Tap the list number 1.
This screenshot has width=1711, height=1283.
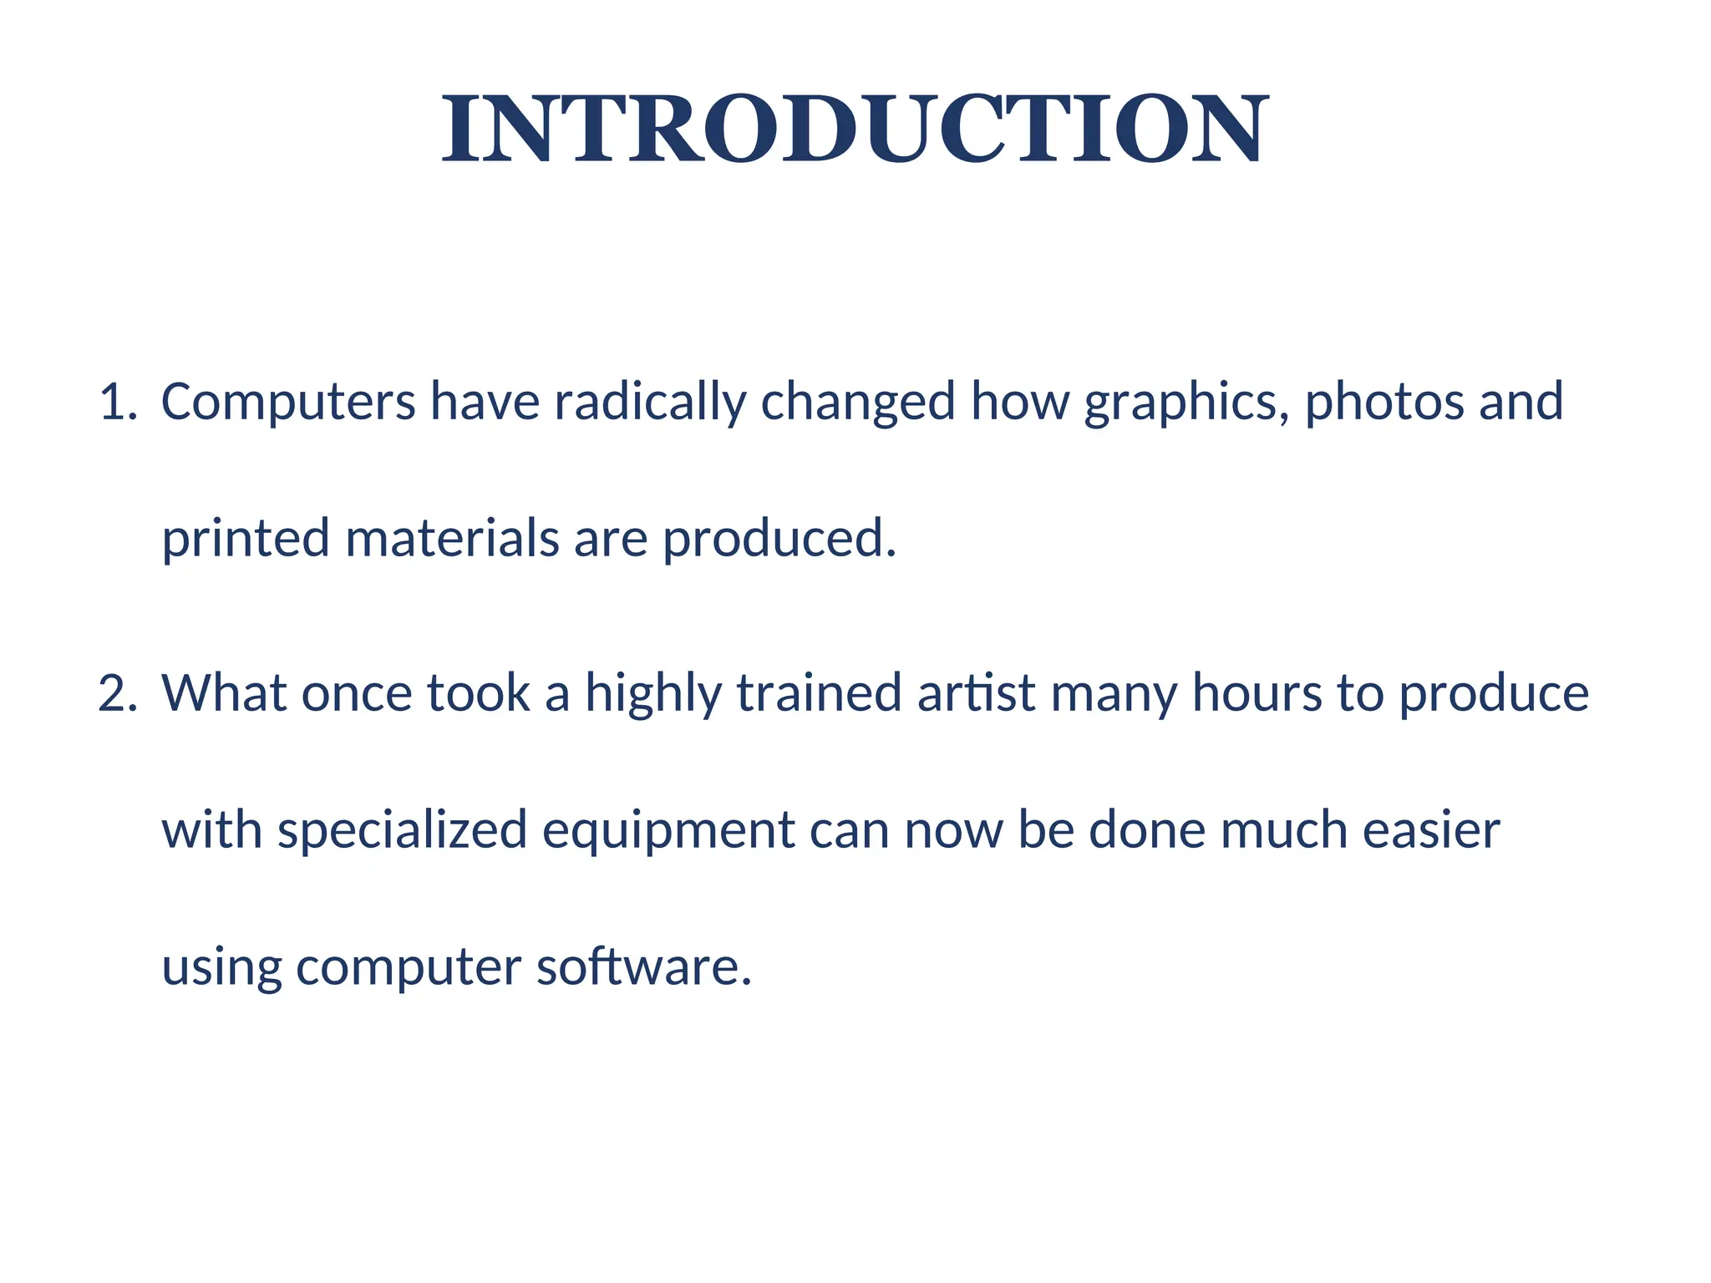pos(116,402)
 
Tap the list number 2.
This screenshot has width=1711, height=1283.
pos(116,693)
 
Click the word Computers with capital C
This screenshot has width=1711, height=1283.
pos(287,402)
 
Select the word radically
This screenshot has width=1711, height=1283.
pos(649,402)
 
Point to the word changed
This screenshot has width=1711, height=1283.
pos(857,402)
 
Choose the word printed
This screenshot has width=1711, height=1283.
pos(246,539)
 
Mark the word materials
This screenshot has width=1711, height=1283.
pos(451,539)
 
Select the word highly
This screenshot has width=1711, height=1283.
pos(652,693)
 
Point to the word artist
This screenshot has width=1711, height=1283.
pos(976,693)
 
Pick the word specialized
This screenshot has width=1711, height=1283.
pos(402,830)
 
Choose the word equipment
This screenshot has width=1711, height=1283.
pos(668,830)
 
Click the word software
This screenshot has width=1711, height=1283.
pos(643,967)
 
